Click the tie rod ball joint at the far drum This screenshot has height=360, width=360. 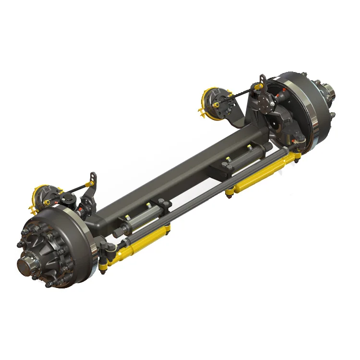pos(294,153)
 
